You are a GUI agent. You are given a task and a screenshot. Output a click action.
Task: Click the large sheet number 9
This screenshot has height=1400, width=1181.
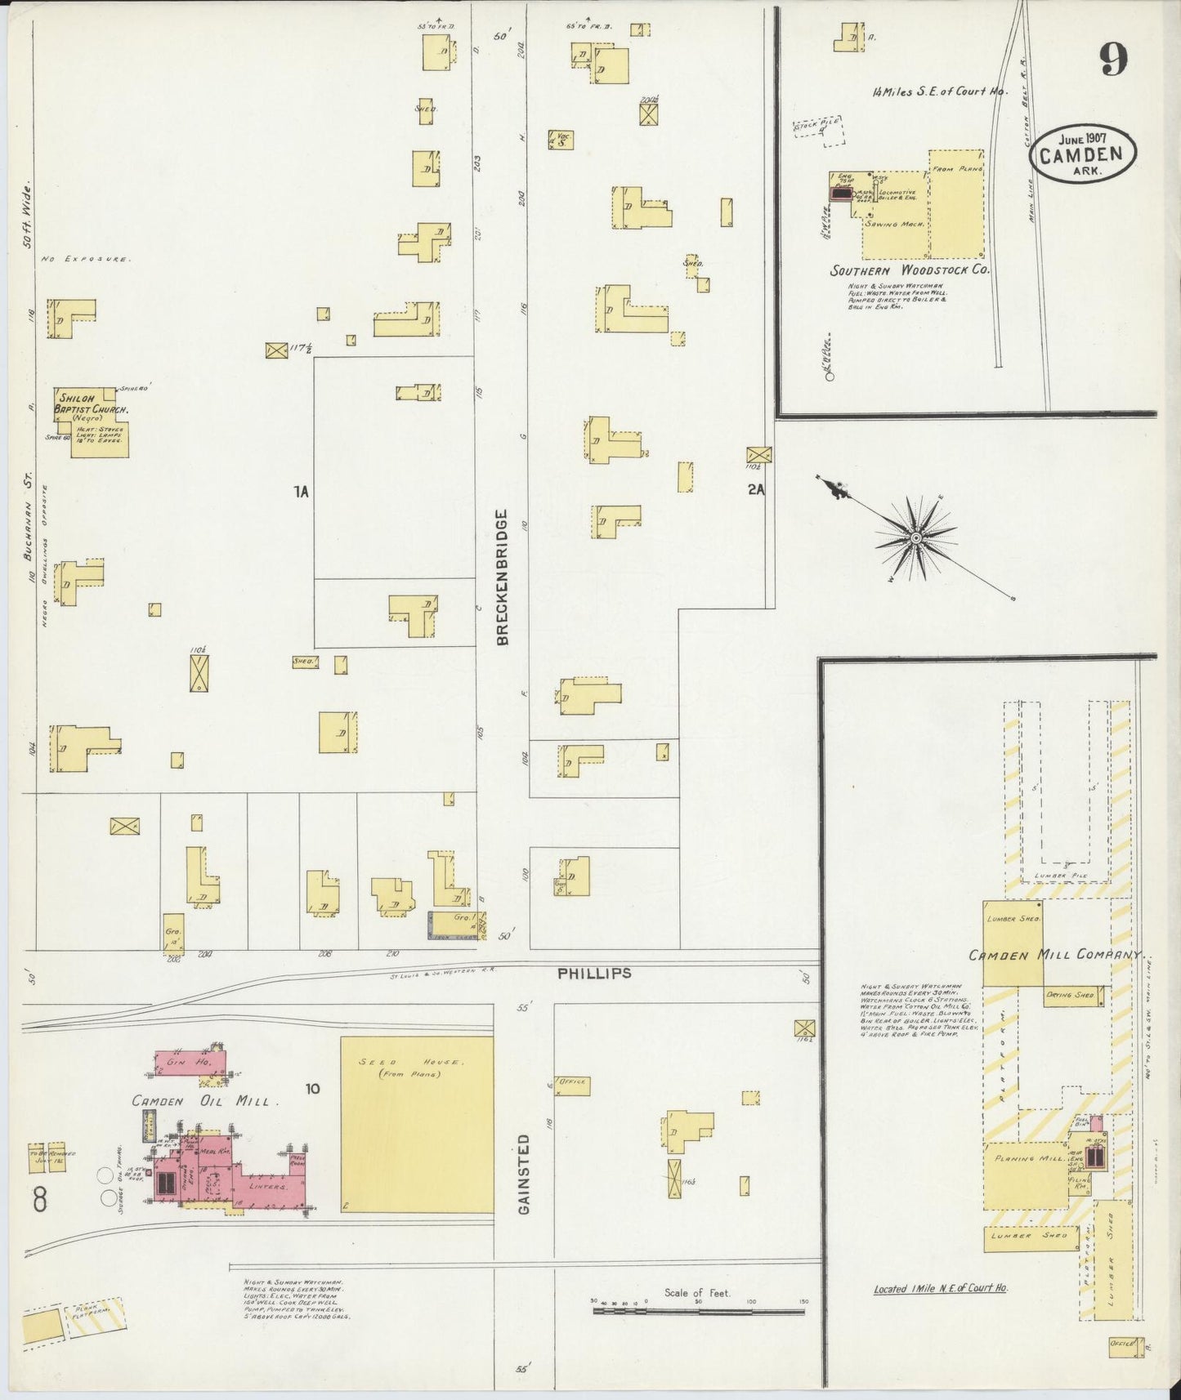(1114, 59)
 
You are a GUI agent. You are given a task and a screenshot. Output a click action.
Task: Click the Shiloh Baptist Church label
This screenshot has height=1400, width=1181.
(92, 404)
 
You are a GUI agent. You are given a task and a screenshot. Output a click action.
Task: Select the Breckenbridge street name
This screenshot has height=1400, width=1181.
(502, 577)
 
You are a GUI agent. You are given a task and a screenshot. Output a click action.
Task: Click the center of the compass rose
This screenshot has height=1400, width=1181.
(916, 537)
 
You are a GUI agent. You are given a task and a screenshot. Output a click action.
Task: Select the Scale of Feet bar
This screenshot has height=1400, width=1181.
(699, 1310)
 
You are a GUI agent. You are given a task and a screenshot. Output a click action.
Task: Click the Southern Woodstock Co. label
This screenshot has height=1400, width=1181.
(910, 270)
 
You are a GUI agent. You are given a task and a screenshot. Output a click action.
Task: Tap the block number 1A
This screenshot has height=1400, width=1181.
(302, 492)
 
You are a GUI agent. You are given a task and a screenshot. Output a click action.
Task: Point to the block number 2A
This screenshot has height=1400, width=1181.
(755, 490)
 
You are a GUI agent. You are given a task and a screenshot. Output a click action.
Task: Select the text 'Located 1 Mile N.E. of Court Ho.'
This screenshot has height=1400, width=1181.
(940, 1288)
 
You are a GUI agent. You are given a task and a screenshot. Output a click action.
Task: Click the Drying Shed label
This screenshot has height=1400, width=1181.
(1070, 996)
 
